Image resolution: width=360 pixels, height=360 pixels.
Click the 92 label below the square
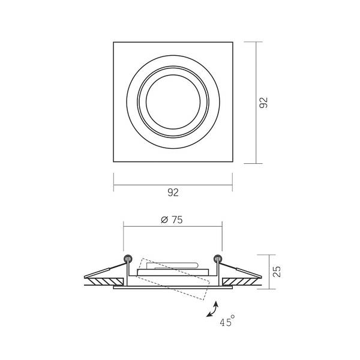point(173,193)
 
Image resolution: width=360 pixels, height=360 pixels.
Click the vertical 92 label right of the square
point(263,103)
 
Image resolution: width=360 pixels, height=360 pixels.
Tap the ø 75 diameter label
point(172,220)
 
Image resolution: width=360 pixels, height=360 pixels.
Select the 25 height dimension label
point(277,272)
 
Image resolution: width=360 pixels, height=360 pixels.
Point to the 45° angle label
point(227,321)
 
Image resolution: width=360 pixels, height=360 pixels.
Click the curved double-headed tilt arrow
point(212,310)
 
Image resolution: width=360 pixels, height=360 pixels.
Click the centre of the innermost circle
point(173,102)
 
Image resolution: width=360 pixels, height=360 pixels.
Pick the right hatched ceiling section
point(240,282)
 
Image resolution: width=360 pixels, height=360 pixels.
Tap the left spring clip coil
point(128,259)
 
